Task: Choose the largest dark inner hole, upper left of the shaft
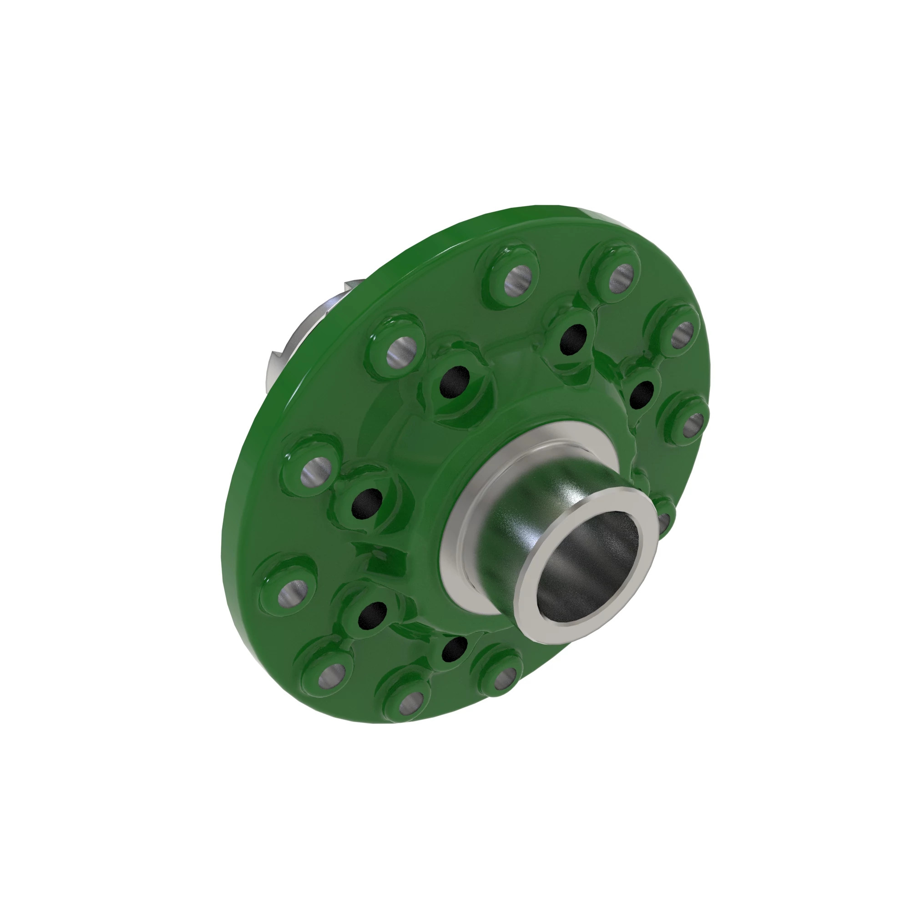(x=454, y=382)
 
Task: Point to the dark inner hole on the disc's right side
(x=642, y=394)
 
